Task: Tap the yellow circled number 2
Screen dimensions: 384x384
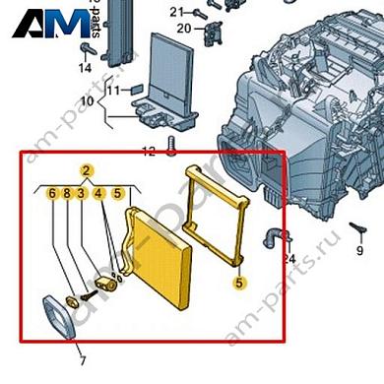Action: tap(87, 171)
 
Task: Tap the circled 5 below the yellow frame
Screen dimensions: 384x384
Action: tap(237, 283)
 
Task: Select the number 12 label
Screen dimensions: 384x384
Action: tap(148, 152)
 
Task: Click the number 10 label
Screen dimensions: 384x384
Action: tap(86, 102)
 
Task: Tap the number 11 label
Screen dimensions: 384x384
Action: tap(114, 91)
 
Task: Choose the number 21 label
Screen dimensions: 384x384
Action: tap(176, 12)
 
